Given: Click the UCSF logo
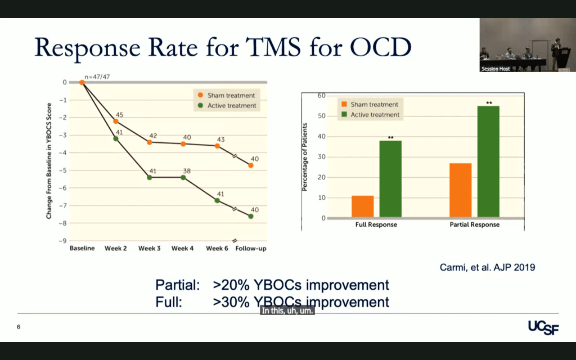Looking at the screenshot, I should coord(543,327).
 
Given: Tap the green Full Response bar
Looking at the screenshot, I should coord(390,179).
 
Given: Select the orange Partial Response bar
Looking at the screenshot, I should coord(461,190).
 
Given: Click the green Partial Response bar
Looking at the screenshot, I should coord(488,161).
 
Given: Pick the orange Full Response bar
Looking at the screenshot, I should coord(362,206).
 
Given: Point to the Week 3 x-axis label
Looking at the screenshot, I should coord(150,248).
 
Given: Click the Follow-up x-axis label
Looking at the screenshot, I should coord(250,248).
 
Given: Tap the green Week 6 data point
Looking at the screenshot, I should coord(217,200).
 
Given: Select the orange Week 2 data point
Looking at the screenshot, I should coord(116,121).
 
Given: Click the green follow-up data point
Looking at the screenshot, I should coord(251,216).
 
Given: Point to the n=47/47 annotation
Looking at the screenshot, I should coord(97,76).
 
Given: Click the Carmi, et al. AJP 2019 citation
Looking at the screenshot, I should coord(487,267).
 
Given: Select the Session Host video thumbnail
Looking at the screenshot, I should coord(526,45).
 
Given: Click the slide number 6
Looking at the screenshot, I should coord(19,327).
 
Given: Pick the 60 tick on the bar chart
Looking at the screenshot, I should coord(322,96).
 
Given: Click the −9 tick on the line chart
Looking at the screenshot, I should coord(62,241).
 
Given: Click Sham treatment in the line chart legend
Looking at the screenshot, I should coord(231,96).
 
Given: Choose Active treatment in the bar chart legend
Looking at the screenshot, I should coord(374,115).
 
